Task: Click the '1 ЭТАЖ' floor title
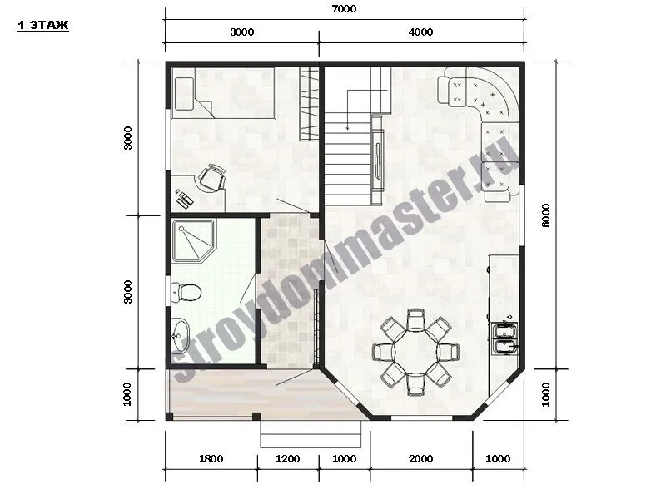click(43, 26)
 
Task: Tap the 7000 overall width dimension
click(344, 9)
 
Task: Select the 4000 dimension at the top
click(420, 32)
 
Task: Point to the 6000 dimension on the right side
click(546, 215)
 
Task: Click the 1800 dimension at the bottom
click(211, 459)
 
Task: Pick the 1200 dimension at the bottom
click(287, 459)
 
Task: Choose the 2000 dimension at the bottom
click(420, 459)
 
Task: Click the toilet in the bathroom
click(186, 293)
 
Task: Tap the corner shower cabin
click(194, 241)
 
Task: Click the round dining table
click(416, 352)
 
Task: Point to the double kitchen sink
click(504, 338)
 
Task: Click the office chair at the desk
click(212, 178)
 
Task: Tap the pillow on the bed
click(184, 94)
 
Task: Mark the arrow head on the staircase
click(347, 127)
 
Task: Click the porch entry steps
click(311, 434)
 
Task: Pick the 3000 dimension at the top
click(242, 32)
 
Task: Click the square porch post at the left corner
click(169, 417)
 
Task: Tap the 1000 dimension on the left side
click(127, 394)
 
